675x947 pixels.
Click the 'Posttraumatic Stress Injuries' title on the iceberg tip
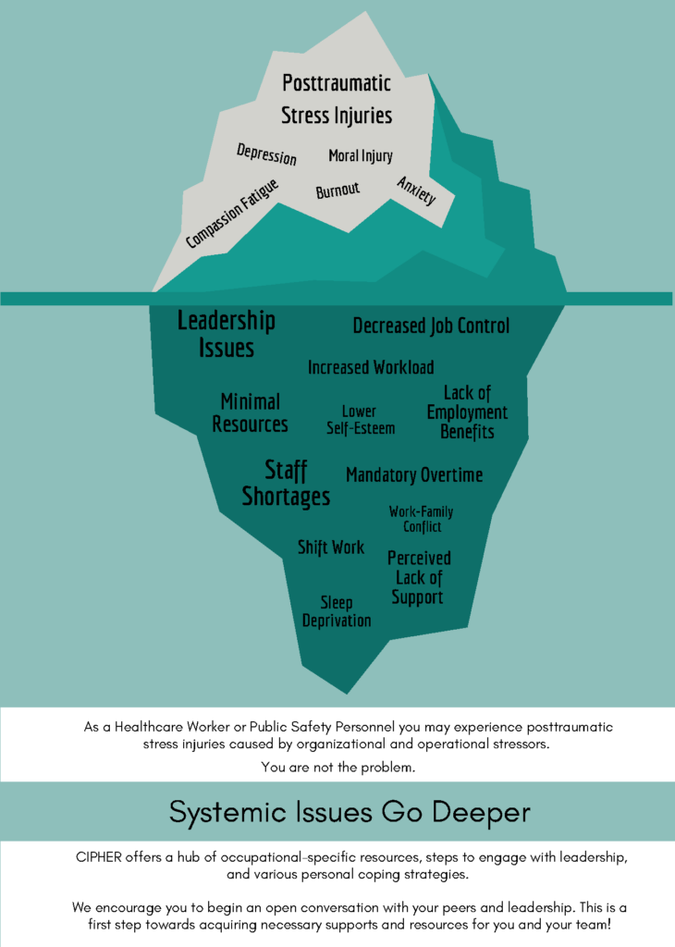pos(337,99)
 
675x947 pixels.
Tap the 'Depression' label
pos(266,154)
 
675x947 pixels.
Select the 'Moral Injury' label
pos(361,155)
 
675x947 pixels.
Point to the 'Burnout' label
pos(337,191)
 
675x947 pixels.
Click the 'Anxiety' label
pos(416,191)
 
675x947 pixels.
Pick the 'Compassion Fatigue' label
pos(232,214)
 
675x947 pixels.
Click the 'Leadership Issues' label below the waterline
pos(227,334)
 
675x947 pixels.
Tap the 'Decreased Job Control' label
pos(431,326)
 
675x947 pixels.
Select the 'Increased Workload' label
pos(371,367)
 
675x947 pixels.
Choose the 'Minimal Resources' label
pos(250,413)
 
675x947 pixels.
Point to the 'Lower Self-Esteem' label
pos(361,420)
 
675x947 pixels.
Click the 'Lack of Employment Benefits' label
pos(467,412)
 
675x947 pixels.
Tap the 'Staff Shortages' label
pos(286,483)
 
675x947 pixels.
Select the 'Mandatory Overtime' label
pos(414,475)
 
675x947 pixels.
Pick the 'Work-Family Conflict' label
pos(422,520)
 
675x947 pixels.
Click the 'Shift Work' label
pos(331,547)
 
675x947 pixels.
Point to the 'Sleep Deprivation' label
pos(337,611)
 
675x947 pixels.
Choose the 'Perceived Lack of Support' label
pos(418,577)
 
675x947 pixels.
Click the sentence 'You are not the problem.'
pos(338,768)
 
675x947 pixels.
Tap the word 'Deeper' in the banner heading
pos(481,812)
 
